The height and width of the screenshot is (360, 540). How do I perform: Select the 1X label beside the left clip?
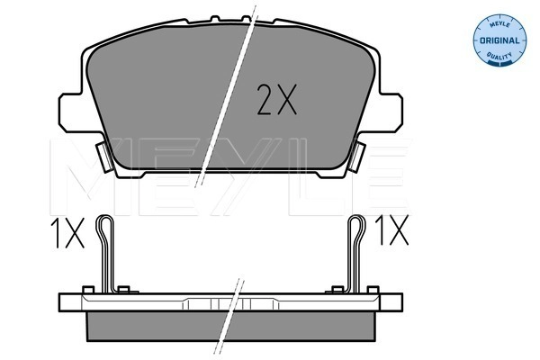pyautogui.click(x=68, y=235)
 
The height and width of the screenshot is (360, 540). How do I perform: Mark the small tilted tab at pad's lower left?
pyautogui.click(x=102, y=159)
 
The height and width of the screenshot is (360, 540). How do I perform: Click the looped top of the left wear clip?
pyautogui.click(x=107, y=225)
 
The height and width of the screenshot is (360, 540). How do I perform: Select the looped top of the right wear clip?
pyautogui.click(x=355, y=225)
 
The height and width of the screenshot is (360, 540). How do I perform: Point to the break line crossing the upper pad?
pyautogui.click(x=229, y=99)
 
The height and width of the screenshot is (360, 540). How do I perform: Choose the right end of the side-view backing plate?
pyautogui.click(x=391, y=302)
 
